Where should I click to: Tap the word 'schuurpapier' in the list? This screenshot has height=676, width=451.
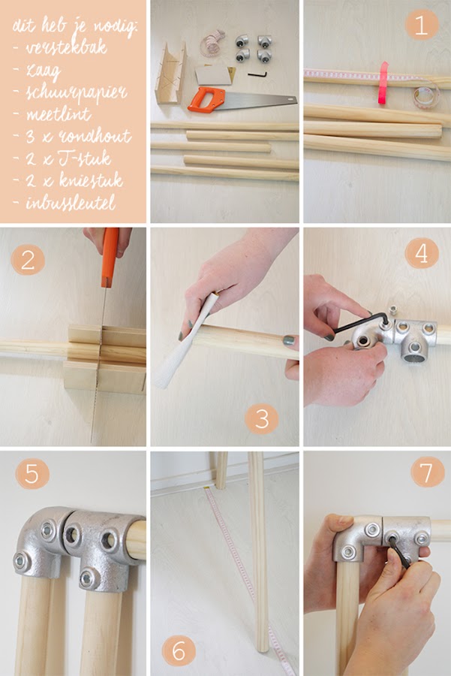click(x=72, y=92)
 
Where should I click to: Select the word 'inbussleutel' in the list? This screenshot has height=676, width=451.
click(x=72, y=203)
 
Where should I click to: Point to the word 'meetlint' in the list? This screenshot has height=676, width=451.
click(x=59, y=115)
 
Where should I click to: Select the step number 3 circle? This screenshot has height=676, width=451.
click(x=261, y=418)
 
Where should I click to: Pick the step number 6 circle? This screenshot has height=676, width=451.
click(x=179, y=649)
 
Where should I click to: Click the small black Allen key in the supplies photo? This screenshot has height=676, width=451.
click(x=257, y=74)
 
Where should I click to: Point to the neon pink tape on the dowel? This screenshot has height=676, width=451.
click(x=384, y=83)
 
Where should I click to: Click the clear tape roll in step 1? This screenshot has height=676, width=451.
click(x=425, y=96)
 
